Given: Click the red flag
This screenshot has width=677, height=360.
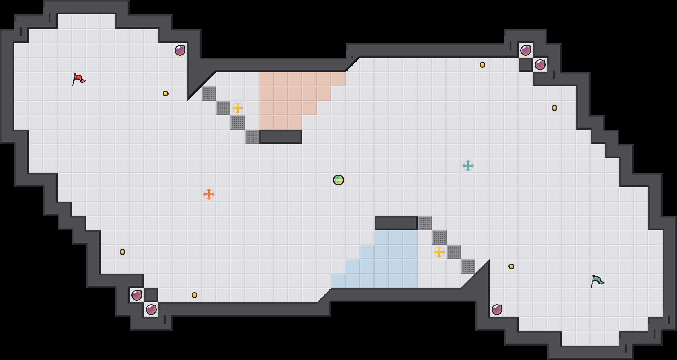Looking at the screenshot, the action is (x=79, y=79).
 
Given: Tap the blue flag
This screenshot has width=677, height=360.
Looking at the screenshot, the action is (x=597, y=281).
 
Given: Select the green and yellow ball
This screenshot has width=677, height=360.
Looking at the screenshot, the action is (x=338, y=180).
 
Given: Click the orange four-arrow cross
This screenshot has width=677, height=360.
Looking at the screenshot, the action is (x=209, y=194).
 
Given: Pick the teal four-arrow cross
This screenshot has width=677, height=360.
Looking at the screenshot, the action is (x=468, y=166).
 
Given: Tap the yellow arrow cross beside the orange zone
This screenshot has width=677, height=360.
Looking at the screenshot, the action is (x=238, y=108).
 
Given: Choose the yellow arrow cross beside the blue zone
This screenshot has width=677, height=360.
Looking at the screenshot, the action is (x=439, y=252).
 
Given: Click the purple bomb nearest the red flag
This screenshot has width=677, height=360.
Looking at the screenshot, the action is (x=180, y=50).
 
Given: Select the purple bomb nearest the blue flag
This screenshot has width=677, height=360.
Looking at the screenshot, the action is (x=497, y=310).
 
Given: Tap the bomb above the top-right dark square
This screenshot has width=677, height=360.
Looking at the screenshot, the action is (x=526, y=50).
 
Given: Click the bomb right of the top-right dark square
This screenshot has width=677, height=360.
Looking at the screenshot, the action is (x=540, y=65).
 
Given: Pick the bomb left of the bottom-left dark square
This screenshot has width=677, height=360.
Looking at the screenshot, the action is (x=137, y=295).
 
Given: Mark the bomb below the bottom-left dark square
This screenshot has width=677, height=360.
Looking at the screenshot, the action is (x=151, y=310).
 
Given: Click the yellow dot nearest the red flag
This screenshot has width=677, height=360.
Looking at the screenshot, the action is (x=166, y=94).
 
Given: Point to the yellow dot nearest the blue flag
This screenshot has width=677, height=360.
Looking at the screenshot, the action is (x=511, y=266).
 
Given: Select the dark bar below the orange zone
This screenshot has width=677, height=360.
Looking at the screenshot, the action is (x=281, y=137).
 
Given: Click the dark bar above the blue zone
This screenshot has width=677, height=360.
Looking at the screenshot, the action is (x=396, y=223).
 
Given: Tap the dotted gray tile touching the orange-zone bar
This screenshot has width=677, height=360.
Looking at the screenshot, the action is (x=252, y=137).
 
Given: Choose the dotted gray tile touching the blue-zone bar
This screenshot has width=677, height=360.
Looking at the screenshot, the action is (x=425, y=223).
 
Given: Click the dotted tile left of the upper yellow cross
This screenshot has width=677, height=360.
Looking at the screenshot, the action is (x=223, y=108).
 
